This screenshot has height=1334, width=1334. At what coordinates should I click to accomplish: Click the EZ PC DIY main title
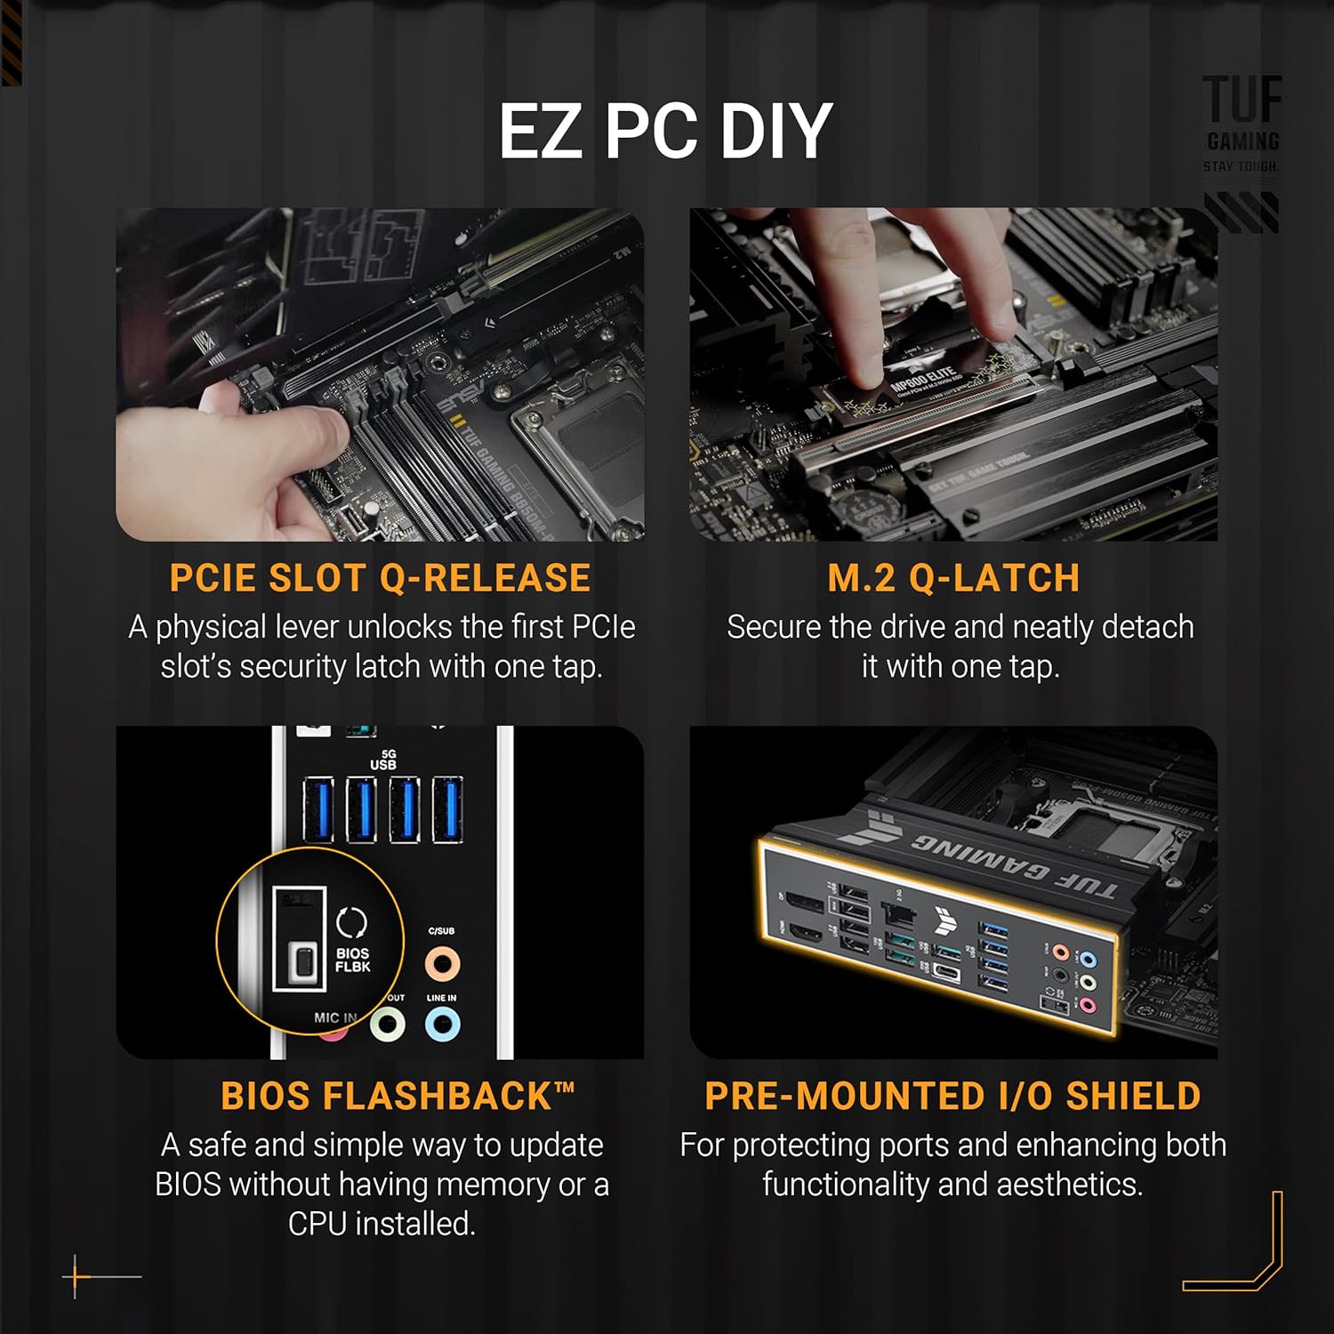665,132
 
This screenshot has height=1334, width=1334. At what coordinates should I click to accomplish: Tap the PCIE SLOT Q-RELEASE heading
380,578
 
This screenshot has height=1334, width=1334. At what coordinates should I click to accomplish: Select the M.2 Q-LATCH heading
953,578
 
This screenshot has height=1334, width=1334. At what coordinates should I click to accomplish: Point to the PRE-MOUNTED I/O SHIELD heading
952,1096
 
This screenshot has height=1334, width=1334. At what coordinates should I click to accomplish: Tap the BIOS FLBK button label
353,960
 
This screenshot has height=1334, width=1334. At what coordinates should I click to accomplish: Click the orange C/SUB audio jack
442,962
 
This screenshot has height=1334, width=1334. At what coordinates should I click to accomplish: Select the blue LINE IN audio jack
442,1025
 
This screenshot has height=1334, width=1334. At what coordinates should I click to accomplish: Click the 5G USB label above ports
383,760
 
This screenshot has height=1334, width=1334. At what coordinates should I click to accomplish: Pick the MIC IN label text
335,1017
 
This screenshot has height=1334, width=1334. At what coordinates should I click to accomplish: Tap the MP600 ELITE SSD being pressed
925,384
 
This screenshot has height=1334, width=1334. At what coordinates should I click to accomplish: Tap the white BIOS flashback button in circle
305,962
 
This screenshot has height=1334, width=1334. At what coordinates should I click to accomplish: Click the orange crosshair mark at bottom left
76,1277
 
